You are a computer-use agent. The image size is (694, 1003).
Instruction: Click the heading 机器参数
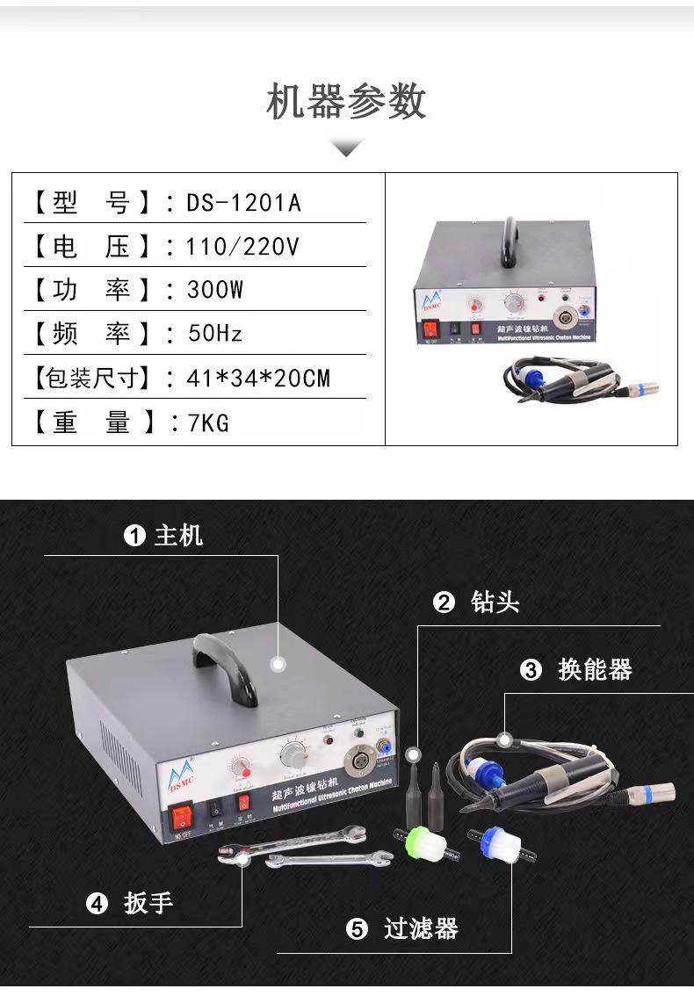tap(346, 102)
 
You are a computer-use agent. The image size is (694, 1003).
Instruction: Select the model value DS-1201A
tap(243, 203)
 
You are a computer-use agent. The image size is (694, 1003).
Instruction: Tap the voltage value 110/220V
tap(242, 247)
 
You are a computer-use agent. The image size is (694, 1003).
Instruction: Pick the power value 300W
tap(215, 290)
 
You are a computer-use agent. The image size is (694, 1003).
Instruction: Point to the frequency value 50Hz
tap(215, 334)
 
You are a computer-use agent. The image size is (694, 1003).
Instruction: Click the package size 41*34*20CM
tap(258, 379)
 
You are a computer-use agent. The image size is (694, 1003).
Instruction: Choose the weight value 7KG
tap(208, 423)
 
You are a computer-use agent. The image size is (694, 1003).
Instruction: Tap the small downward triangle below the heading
tap(346, 147)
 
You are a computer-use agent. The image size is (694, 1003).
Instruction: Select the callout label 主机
tap(178, 535)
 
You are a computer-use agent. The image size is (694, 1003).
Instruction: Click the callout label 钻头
tap(495, 603)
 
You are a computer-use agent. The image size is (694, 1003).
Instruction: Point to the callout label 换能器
tap(595, 670)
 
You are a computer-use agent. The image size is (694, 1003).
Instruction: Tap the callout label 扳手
tap(148, 903)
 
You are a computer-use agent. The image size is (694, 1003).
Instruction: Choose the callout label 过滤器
tap(421, 929)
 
